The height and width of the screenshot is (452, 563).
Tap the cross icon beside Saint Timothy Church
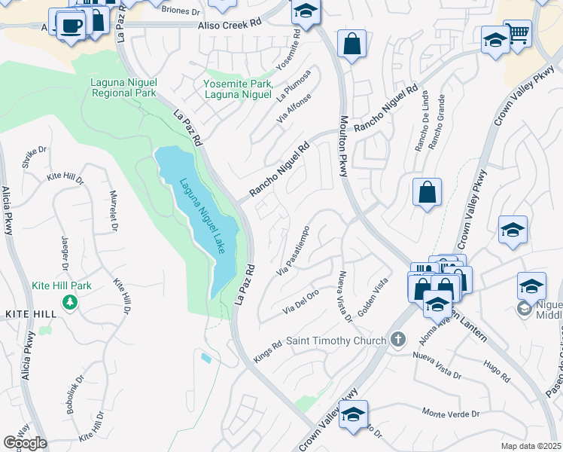tap(400, 340)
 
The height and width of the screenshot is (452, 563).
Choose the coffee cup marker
tap(72, 26)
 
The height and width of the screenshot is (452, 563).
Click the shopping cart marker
tap(517, 33)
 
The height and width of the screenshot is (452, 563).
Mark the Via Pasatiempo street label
tap(294, 251)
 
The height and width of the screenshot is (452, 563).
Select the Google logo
tap(25, 443)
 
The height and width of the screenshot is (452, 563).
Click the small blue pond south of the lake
tap(206, 359)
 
